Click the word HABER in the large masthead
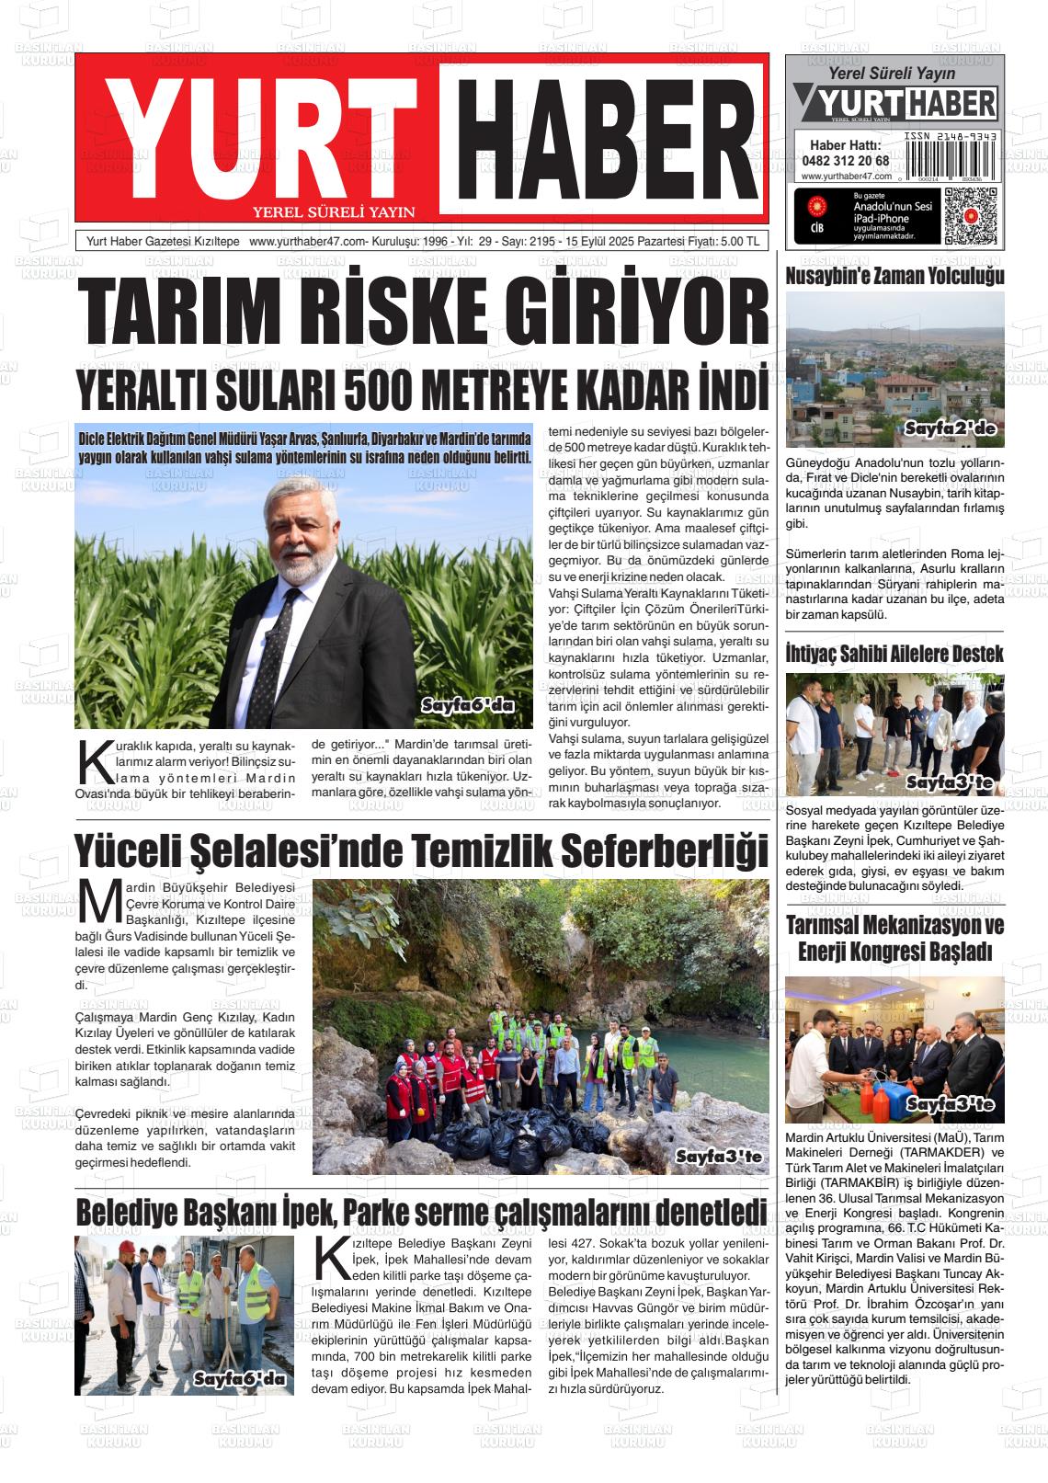pos(603,136)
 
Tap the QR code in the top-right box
pos(970,215)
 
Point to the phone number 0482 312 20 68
pos(845,160)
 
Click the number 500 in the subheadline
pos(377,391)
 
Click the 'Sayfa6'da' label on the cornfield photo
pos(467,706)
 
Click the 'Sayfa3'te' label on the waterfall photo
pos(718,1157)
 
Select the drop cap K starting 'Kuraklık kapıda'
pos(91,760)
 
